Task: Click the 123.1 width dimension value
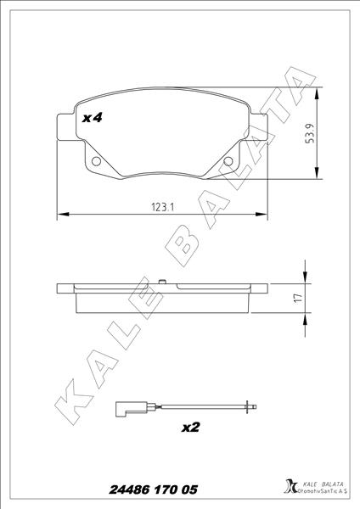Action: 163,207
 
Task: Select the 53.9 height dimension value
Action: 309,133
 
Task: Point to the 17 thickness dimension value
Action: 297,298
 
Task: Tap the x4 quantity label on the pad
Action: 93,118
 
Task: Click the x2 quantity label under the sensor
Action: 190,428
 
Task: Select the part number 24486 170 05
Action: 153,489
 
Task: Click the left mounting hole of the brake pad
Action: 96,161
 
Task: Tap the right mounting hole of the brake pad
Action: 228,161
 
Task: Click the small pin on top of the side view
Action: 162,282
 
